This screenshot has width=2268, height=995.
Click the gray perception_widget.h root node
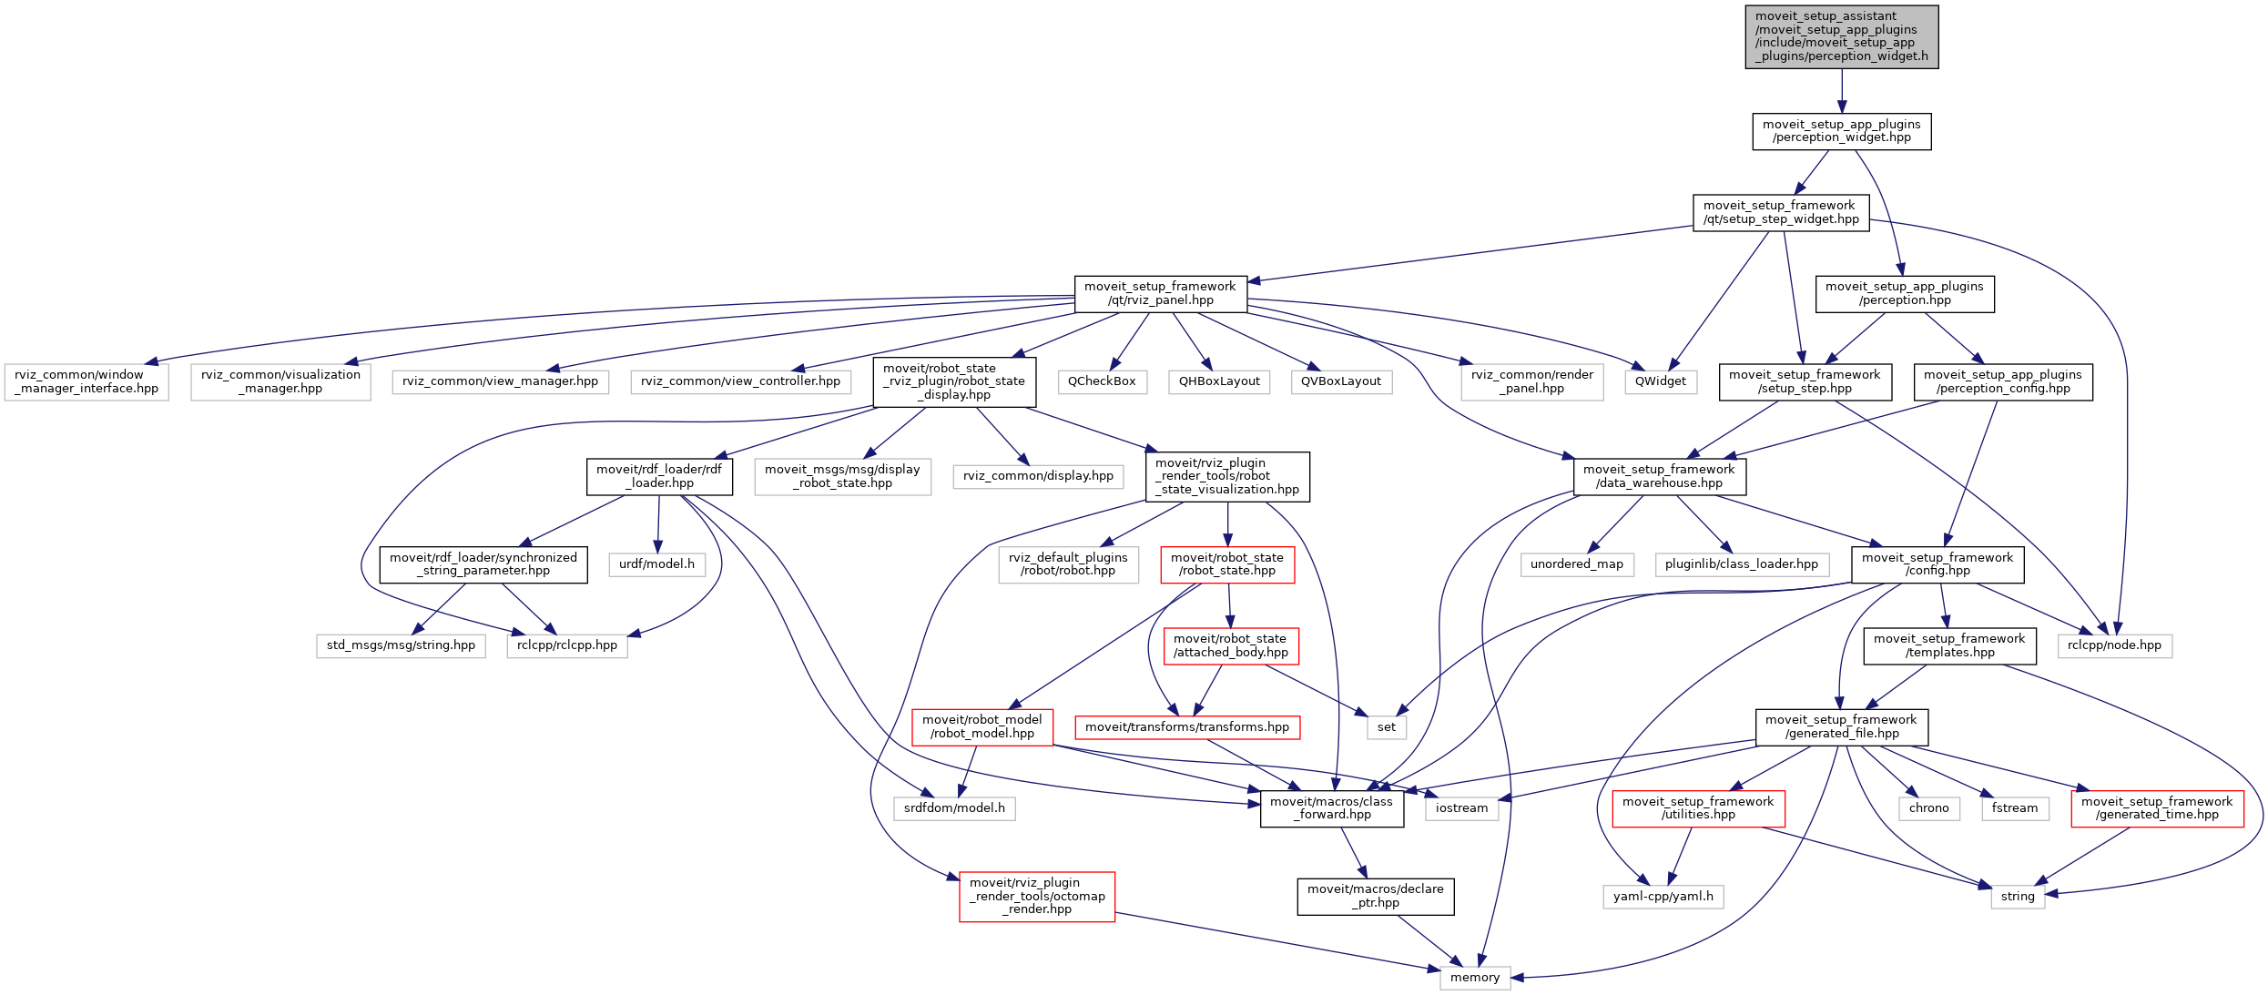[x=1841, y=36]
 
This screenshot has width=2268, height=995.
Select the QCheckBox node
[x=1102, y=381]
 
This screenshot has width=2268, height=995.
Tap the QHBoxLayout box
[x=1219, y=381]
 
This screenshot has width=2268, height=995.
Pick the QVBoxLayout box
[x=1340, y=381]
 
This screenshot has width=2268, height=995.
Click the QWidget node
[x=1660, y=381]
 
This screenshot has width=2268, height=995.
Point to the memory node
[x=1475, y=978]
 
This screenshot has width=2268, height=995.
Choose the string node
[x=2018, y=897]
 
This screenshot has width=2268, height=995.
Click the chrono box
[x=1928, y=808]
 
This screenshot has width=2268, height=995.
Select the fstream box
[x=2014, y=808]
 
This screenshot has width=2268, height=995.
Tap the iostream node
[x=1461, y=808]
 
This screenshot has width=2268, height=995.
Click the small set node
[x=1387, y=727]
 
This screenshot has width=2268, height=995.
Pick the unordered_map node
[x=1577, y=564]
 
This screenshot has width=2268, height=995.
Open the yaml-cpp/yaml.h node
[x=1663, y=897]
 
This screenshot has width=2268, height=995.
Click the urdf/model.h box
[x=656, y=564]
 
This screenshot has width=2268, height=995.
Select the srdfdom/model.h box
[x=954, y=808]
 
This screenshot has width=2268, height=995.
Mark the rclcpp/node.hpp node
[x=2114, y=645]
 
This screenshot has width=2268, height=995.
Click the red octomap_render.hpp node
[x=1037, y=897]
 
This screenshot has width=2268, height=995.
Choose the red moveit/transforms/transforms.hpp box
[x=1187, y=727]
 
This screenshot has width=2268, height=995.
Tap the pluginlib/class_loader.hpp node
[x=1741, y=564]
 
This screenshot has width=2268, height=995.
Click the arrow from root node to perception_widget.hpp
[x=1842, y=91]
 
